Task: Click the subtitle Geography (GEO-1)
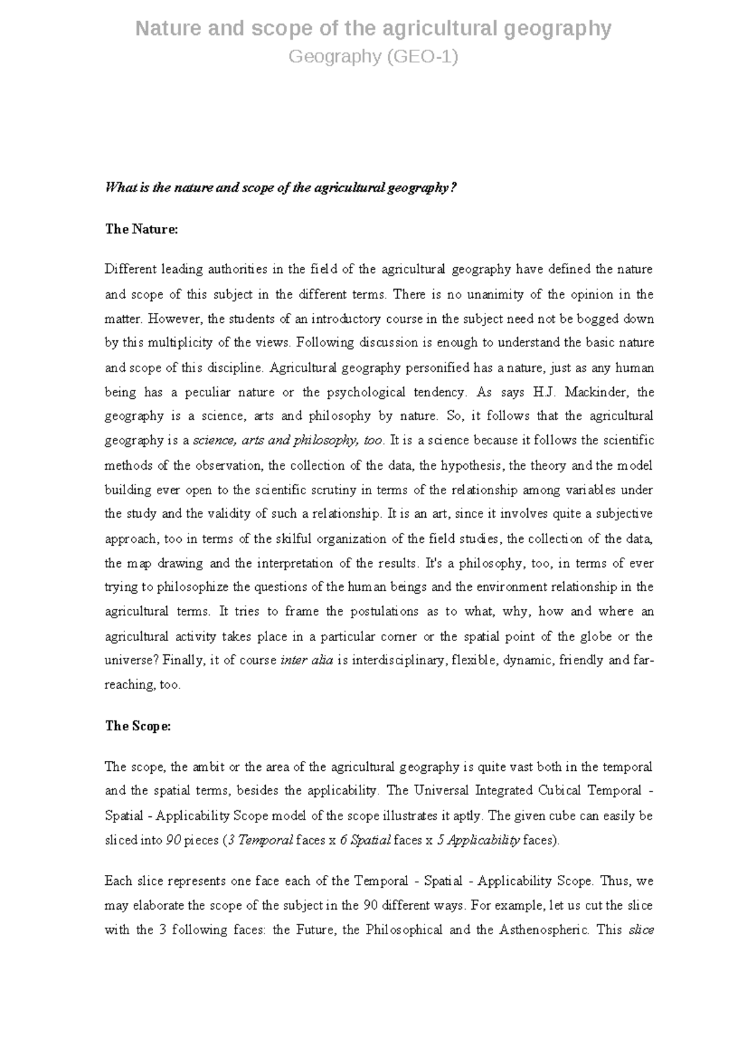pos(374,57)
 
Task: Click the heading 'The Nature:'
pos(141,229)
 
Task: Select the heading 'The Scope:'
pos(138,726)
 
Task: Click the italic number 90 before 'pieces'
pos(173,840)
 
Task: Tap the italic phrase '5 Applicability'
pos(478,840)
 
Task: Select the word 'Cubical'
pos(555,791)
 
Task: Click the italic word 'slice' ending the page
pos(641,930)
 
